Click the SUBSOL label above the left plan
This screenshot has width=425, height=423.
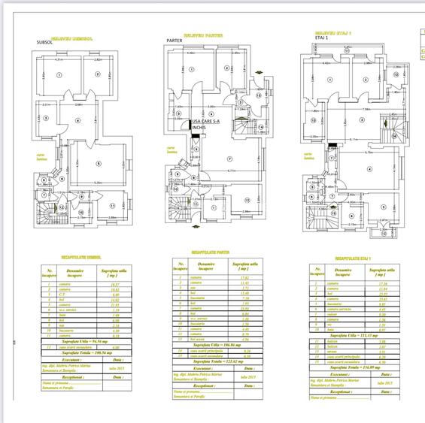44,42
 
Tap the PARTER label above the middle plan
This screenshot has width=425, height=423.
175,41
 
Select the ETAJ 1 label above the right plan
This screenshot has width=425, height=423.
321,41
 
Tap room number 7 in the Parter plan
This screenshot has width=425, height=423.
225,159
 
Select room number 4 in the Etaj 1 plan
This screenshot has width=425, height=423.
369,168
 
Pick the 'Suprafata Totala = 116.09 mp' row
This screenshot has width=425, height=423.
354,367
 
